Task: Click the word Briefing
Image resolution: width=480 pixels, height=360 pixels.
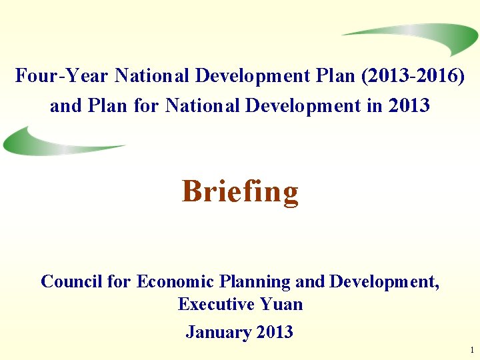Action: pyautogui.click(x=240, y=192)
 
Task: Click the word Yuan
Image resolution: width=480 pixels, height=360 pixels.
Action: pyautogui.click(x=281, y=305)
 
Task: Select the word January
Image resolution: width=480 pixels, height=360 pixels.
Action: pyautogui.click(x=213, y=332)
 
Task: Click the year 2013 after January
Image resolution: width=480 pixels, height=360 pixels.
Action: pyautogui.click(x=273, y=332)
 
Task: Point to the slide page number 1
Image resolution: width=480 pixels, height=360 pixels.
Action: pyautogui.click(x=471, y=350)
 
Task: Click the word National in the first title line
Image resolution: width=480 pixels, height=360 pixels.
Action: pyautogui.click(x=153, y=76)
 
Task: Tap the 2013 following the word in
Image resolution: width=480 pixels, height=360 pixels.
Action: pyautogui.click(x=408, y=105)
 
